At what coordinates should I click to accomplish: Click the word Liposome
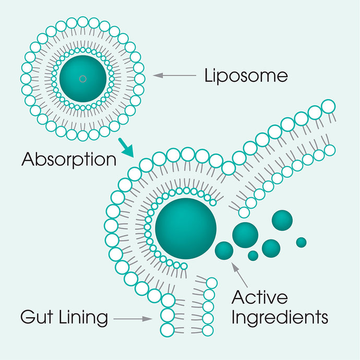coord(246,76)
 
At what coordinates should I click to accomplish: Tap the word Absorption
coord(69,159)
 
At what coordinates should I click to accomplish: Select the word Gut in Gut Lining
coord(37,317)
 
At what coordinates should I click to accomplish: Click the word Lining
coord(83,318)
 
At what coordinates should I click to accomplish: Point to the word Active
coord(259,297)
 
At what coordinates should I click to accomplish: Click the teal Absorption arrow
coord(126,148)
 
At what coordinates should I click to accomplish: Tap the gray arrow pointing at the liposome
coord(174,75)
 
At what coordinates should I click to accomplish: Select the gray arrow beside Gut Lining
coord(133,319)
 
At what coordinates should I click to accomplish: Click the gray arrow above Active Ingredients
coord(239,275)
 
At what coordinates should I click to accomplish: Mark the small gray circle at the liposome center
coord(82,79)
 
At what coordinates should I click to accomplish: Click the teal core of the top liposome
coord(82,79)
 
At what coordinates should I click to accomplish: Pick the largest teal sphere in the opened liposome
coord(186,229)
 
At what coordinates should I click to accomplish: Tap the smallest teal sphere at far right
coord(301,243)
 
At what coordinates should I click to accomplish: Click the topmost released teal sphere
coord(282,220)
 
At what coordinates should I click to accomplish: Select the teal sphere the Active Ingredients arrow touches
coord(224,251)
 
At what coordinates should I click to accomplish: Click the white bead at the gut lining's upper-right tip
coord(329,106)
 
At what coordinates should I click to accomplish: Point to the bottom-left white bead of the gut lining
coord(167,330)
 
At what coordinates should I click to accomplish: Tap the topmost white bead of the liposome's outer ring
coord(82,22)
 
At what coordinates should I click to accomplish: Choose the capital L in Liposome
coord(208,75)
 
